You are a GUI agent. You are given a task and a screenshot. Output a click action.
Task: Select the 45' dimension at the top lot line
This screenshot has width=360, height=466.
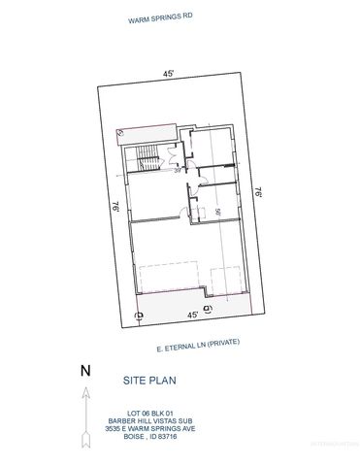click(168, 74)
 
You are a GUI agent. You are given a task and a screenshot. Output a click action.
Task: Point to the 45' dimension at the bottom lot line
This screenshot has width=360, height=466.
click(192, 315)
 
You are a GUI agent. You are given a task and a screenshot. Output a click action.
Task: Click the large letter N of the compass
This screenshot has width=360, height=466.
click(84, 369)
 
